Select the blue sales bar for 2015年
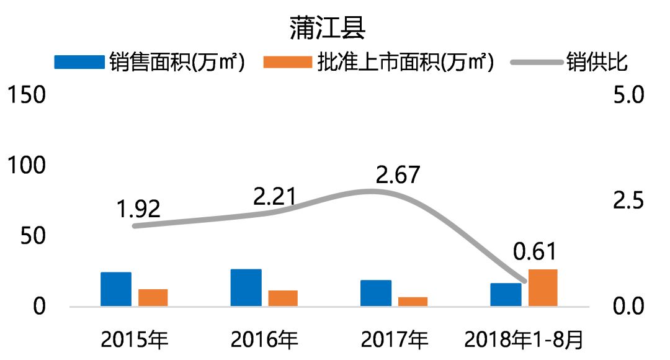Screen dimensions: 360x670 (116, 289)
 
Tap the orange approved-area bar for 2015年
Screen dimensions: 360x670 (153, 297)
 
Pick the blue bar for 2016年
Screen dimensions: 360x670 (246, 287)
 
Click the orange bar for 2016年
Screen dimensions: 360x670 (283, 298)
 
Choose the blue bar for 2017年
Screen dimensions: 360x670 (376, 293)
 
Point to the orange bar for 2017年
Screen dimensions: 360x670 (413, 302)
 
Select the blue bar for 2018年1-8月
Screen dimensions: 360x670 (506, 294)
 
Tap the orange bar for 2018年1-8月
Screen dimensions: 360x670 (543, 287)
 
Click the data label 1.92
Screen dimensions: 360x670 (139, 209)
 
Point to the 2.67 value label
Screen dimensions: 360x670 (398, 174)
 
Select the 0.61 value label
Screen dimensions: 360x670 (535, 252)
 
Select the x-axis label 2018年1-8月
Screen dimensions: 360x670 (524, 340)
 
